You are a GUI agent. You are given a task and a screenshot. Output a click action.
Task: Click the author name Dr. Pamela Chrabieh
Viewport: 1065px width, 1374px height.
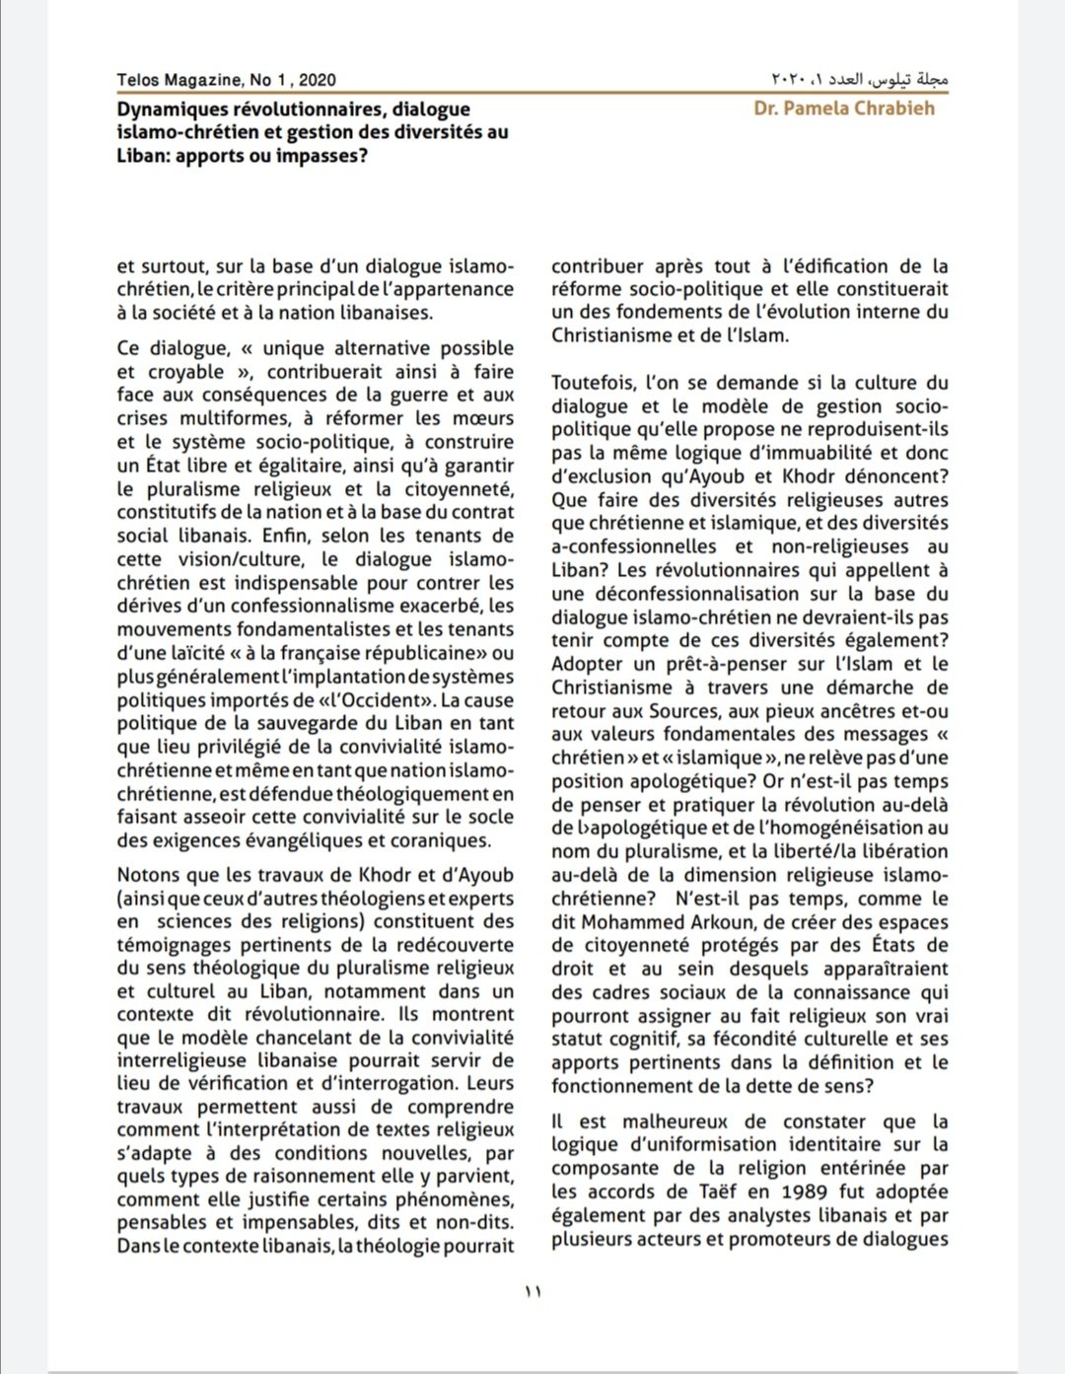click(844, 108)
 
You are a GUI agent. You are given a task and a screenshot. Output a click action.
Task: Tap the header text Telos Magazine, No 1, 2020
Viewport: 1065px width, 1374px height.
click(226, 80)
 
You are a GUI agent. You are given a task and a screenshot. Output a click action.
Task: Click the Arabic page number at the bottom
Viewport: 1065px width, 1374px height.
click(533, 1290)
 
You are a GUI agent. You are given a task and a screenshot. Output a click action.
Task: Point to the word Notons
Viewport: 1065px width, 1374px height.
click(147, 875)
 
